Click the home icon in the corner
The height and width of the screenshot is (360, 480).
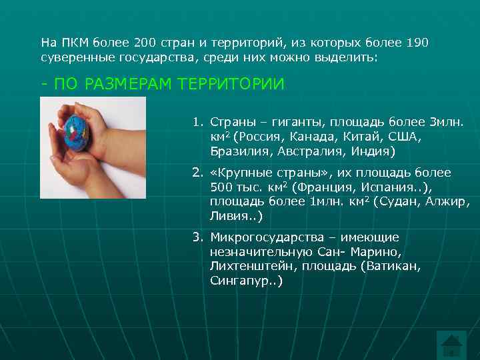pyautogui.click(x=454, y=345)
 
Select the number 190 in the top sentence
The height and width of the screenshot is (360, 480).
pyautogui.click(x=415, y=43)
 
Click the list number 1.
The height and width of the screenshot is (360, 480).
pyautogui.click(x=197, y=123)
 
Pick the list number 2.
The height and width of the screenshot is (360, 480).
pyautogui.click(x=197, y=173)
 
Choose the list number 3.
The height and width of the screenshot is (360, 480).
pyautogui.click(x=197, y=237)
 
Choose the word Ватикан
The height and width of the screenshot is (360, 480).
pyautogui.click(x=397, y=267)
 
